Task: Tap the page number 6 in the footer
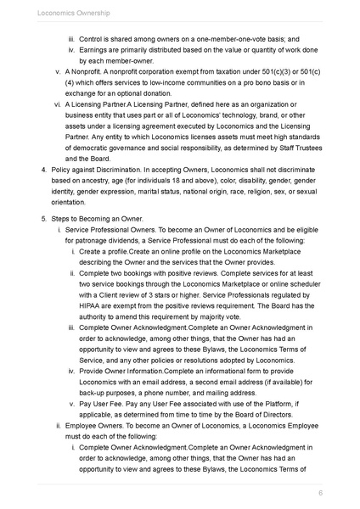click(x=320, y=493)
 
